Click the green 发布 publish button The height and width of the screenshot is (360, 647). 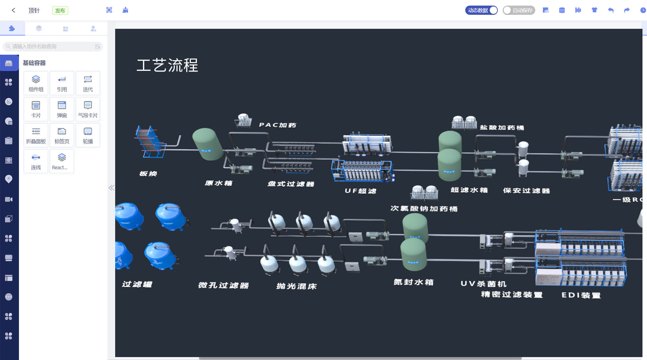tap(60, 10)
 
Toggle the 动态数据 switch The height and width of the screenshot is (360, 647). tap(481, 10)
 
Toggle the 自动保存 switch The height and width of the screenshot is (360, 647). tap(519, 10)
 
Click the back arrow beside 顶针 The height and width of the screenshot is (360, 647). tap(13, 10)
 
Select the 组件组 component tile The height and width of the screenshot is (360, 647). tap(36, 83)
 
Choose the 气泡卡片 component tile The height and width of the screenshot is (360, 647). tap(88, 109)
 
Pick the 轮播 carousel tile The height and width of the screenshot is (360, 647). tap(88, 135)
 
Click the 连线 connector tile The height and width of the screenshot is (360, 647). tap(36, 161)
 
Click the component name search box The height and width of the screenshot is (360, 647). tap(52, 46)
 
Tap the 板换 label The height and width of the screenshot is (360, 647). tap(148, 174)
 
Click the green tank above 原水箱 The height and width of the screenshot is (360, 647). tap(207, 144)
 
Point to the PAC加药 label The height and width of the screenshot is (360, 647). tap(278, 125)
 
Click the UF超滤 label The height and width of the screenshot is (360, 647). tap(360, 191)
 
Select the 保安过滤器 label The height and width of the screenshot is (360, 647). tap(526, 191)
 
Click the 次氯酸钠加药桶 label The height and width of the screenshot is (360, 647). tap(424, 209)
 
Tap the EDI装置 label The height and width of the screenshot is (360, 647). tap(581, 295)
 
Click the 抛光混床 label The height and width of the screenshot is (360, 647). tap(296, 286)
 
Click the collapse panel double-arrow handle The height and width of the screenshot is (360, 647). tap(111, 188)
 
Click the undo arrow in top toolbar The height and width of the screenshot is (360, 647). tap(610, 10)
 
